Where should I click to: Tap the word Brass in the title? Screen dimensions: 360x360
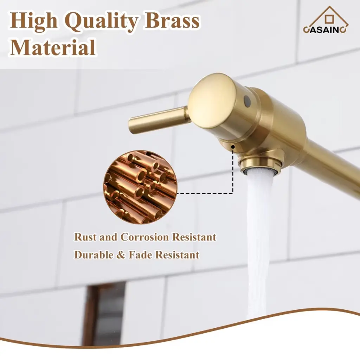coord(172,21)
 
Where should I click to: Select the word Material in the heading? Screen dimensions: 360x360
coord(53,47)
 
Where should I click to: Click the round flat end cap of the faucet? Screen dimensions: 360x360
coord(212,101)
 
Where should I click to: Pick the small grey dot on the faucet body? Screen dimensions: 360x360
coord(247,101)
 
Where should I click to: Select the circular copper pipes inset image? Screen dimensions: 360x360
coord(140,187)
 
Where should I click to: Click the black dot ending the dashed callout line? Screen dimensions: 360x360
coord(233,146)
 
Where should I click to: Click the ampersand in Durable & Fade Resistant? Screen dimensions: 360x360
coord(121,255)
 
